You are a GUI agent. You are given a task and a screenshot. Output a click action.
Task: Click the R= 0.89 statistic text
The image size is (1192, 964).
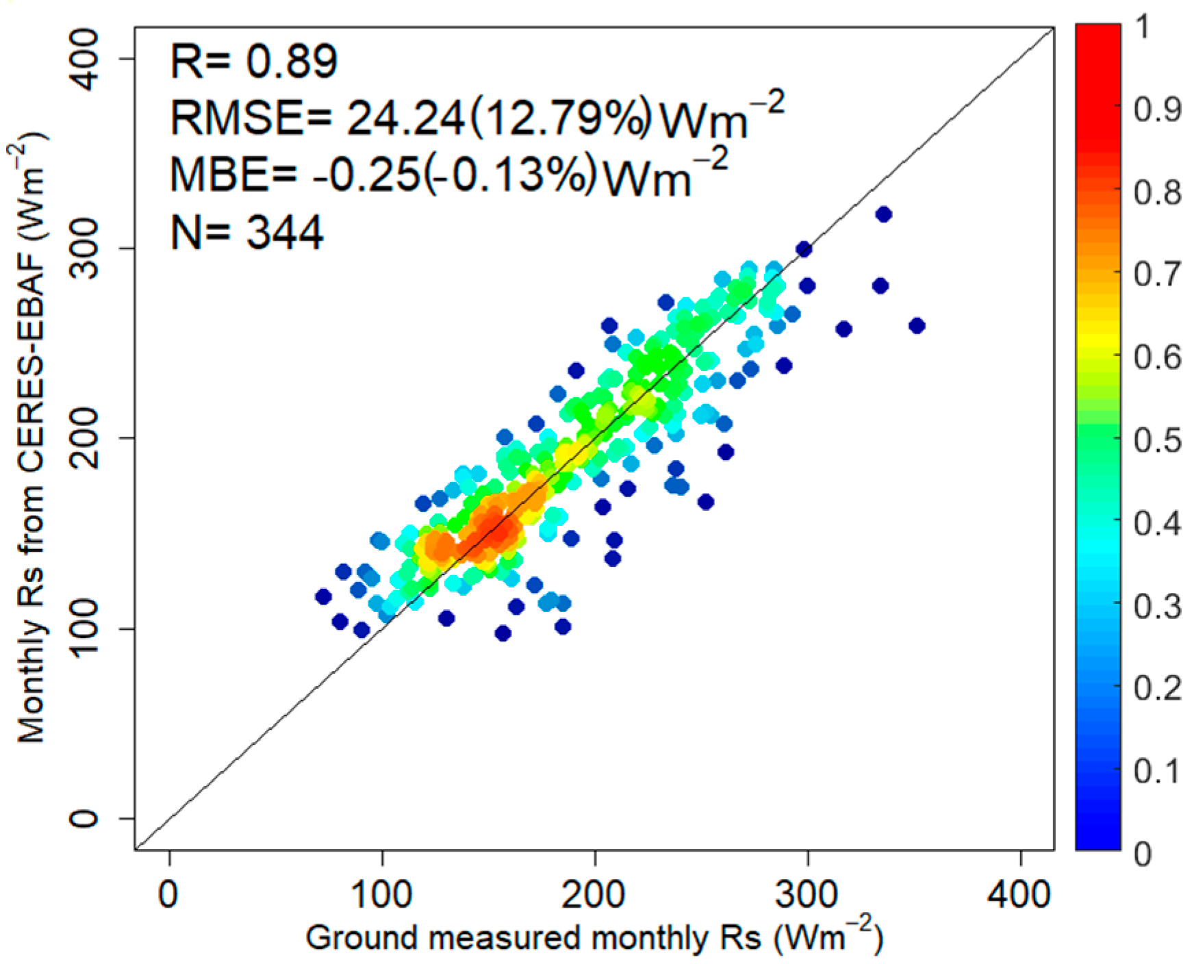click(x=253, y=62)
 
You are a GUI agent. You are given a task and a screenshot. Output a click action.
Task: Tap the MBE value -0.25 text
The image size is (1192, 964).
click(x=366, y=175)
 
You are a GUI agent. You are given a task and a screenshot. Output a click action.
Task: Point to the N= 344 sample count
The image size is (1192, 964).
click(x=246, y=233)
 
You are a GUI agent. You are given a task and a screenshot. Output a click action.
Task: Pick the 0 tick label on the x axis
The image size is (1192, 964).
click(x=168, y=895)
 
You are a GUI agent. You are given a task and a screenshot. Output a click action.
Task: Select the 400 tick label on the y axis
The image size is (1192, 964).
click(x=86, y=60)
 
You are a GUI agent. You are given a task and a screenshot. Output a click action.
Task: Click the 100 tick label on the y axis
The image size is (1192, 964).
click(x=86, y=629)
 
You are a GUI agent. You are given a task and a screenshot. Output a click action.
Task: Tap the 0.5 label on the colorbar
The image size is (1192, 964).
click(x=1157, y=440)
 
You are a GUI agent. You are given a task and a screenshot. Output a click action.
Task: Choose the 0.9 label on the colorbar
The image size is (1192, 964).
click(x=1157, y=109)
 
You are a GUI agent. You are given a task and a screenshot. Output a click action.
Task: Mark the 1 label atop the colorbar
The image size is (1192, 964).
click(x=1142, y=27)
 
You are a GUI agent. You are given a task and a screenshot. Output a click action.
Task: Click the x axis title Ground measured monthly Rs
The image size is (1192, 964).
click(x=594, y=938)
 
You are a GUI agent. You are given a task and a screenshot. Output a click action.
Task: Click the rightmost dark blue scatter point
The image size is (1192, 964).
click(x=917, y=326)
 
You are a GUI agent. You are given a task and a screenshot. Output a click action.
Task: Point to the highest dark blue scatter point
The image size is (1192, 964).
click(x=883, y=214)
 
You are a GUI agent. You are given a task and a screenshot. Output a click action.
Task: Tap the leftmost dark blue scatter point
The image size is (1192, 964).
click(x=323, y=596)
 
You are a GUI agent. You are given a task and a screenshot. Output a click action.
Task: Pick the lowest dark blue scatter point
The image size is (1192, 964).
click(x=503, y=633)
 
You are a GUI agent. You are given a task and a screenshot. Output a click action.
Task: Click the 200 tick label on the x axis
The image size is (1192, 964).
click(x=594, y=895)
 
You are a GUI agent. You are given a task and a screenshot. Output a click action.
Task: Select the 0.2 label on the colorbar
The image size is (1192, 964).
click(x=1157, y=688)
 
